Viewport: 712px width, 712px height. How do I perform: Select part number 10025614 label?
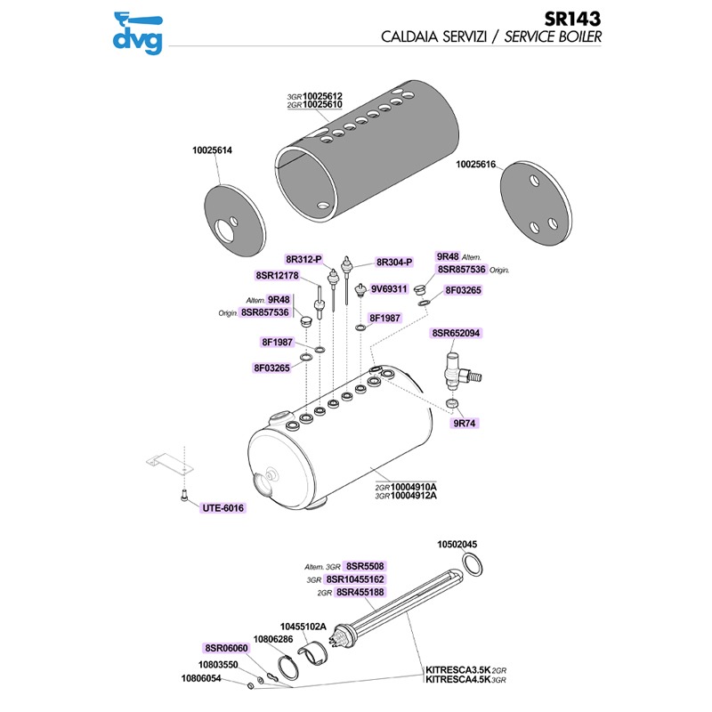[x=212, y=150]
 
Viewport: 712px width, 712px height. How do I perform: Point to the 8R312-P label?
[x=303, y=259]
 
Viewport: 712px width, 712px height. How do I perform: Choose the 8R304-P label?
[x=394, y=262]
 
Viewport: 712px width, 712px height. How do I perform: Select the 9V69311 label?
[x=389, y=288]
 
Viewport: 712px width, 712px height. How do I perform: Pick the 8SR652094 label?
[x=456, y=333]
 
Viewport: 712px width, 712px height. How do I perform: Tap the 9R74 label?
[x=465, y=424]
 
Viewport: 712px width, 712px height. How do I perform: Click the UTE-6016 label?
[x=222, y=507]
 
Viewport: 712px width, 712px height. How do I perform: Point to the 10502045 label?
[x=457, y=545]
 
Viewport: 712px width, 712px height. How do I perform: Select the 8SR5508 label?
[x=364, y=566]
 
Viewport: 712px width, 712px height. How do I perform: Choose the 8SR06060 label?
[x=226, y=648]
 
